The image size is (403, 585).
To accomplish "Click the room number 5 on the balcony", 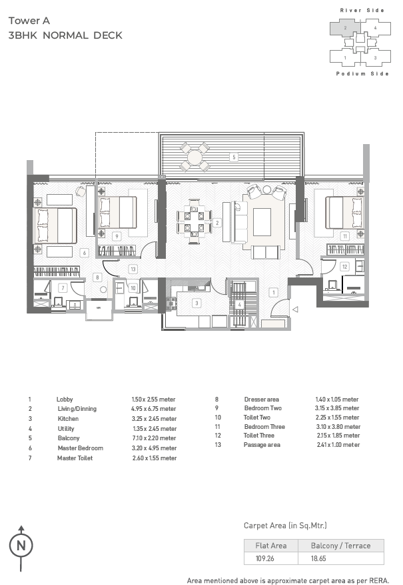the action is [x=234, y=157].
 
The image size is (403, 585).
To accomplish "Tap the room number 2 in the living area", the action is [x=217, y=223].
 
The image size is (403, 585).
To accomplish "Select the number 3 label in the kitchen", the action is [x=197, y=304].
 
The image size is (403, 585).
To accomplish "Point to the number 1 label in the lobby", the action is [x=273, y=292].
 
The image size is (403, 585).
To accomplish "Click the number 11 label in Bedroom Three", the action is [x=345, y=236].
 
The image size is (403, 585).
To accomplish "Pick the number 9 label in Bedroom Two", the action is [x=117, y=236].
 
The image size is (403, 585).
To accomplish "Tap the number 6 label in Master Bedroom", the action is [x=85, y=253].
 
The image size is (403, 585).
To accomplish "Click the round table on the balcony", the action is [x=194, y=157].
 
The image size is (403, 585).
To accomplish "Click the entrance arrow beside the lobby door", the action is [x=295, y=310].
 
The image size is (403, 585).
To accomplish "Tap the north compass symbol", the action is [x=21, y=548].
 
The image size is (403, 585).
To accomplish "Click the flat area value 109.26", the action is [x=265, y=558].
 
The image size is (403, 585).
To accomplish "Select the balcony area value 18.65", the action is [x=318, y=558].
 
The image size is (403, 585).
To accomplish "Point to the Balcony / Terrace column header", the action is [x=341, y=546].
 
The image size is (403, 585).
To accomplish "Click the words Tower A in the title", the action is [x=29, y=21].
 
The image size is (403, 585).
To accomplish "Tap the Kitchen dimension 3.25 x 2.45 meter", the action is [x=154, y=419].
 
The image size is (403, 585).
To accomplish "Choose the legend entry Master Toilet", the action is [x=75, y=458].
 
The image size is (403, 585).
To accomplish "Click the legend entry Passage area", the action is [x=262, y=445].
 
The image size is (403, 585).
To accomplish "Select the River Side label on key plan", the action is [x=362, y=11].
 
